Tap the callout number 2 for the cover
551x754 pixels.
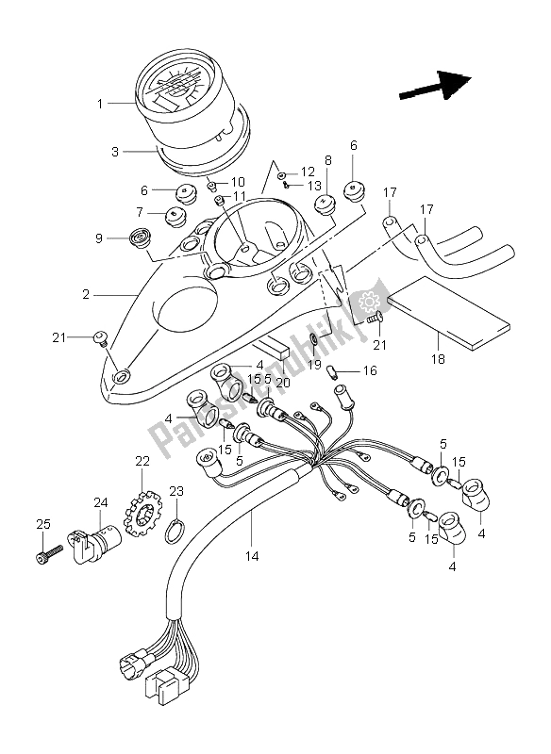click(x=86, y=296)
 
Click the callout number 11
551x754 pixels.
click(x=240, y=196)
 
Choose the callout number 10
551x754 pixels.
click(x=239, y=181)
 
